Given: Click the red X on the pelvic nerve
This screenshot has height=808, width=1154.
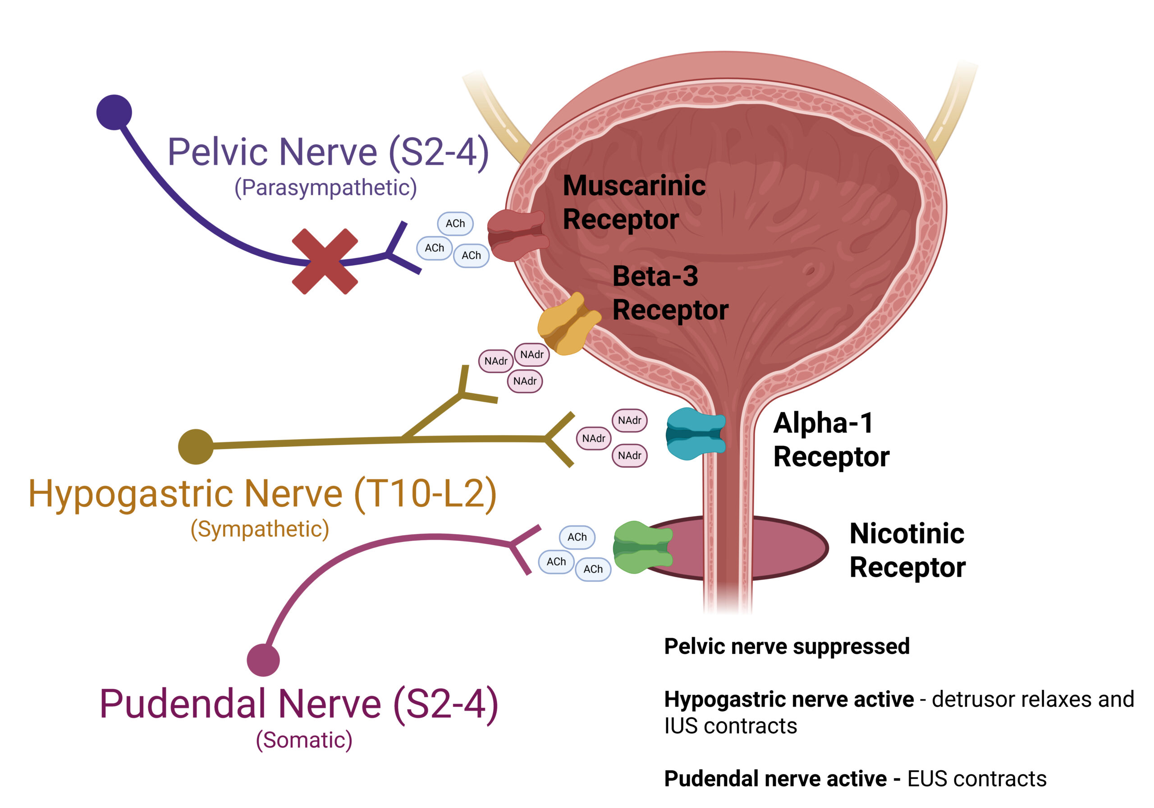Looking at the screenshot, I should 325,261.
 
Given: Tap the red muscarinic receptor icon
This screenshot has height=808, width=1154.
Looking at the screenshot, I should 517,235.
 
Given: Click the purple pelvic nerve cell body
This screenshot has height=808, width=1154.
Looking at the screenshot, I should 114,112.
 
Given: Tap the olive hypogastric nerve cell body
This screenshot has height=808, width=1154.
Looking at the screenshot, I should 196,446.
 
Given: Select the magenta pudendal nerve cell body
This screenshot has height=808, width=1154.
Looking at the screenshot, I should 263,660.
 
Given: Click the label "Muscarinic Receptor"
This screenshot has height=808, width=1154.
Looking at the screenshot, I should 633,202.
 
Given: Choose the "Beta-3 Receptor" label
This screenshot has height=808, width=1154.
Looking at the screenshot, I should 669,293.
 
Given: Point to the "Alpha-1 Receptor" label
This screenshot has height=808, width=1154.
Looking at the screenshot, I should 830,440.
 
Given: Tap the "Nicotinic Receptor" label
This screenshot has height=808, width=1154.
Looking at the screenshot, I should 907,550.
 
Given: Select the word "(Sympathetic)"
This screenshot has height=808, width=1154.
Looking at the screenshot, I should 259,529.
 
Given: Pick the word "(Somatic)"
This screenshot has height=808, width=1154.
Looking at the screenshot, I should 304,740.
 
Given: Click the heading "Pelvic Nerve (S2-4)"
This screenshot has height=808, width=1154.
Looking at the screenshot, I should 328,152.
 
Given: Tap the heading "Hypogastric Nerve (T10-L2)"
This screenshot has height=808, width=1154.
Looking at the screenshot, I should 262,494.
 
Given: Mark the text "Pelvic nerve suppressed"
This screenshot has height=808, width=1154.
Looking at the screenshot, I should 787,647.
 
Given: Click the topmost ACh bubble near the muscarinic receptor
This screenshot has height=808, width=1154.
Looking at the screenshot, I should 455,224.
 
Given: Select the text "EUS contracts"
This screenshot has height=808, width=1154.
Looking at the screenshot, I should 976,779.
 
